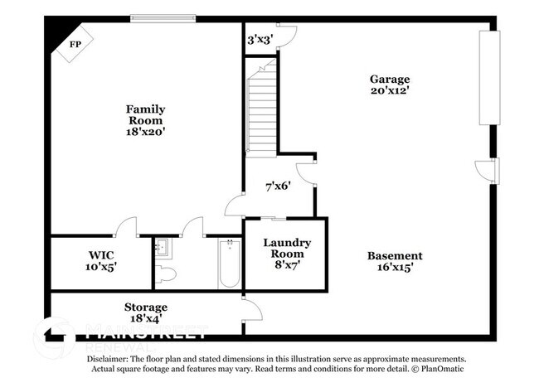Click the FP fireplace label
click(75, 43)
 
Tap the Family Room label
click(145, 114)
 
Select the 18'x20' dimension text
click(145, 131)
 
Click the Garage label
click(390, 79)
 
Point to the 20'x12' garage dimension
click(390, 91)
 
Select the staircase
click(262, 112)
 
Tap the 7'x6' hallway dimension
click(277, 186)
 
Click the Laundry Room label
click(287, 248)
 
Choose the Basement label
click(395, 255)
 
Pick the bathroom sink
click(162, 246)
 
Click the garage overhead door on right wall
click(489, 79)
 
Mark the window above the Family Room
click(163, 17)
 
